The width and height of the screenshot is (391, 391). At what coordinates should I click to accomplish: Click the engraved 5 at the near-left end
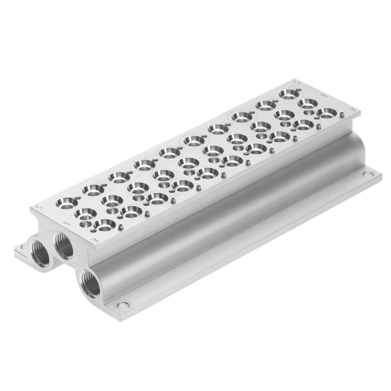(40, 207)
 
